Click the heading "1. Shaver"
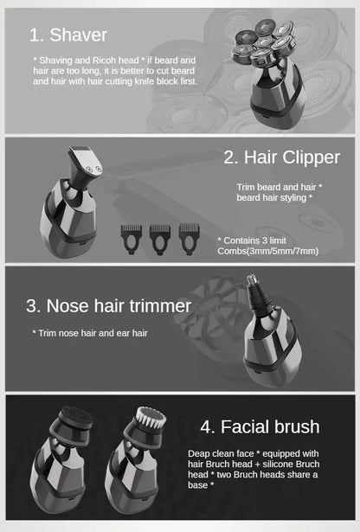coord(68,35)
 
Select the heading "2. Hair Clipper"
coord(281,157)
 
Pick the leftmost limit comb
coord(131,236)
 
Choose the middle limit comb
coord(160,236)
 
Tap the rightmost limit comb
coord(189,236)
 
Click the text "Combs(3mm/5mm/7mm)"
coord(268,251)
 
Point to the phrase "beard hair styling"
coord(271,197)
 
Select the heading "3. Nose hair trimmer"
coord(108,306)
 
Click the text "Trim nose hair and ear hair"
coord(91,332)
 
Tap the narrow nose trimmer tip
coord(256,290)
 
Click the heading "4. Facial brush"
coord(260,426)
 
